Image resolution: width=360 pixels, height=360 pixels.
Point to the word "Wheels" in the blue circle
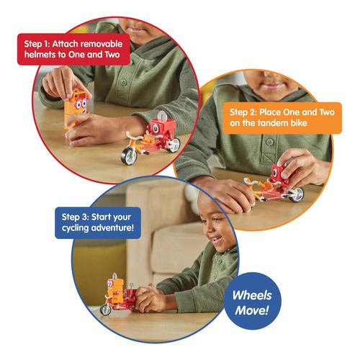[252, 295]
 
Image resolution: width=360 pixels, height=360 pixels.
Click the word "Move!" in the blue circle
[251, 310]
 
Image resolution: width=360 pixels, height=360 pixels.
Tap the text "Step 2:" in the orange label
[243, 112]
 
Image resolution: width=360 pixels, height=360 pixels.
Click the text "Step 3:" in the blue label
[75, 217]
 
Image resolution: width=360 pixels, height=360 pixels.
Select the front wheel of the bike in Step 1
[129, 156]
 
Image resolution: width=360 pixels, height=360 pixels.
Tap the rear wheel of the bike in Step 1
[174, 145]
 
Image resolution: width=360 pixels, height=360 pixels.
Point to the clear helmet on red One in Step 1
[162, 116]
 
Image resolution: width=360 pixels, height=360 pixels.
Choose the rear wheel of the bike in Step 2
[297, 194]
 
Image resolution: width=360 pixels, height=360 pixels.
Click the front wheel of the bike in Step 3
[106, 310]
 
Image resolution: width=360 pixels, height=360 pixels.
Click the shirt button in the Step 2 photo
[270, 142]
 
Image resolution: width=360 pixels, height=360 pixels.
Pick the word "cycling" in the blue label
[76, 228]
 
